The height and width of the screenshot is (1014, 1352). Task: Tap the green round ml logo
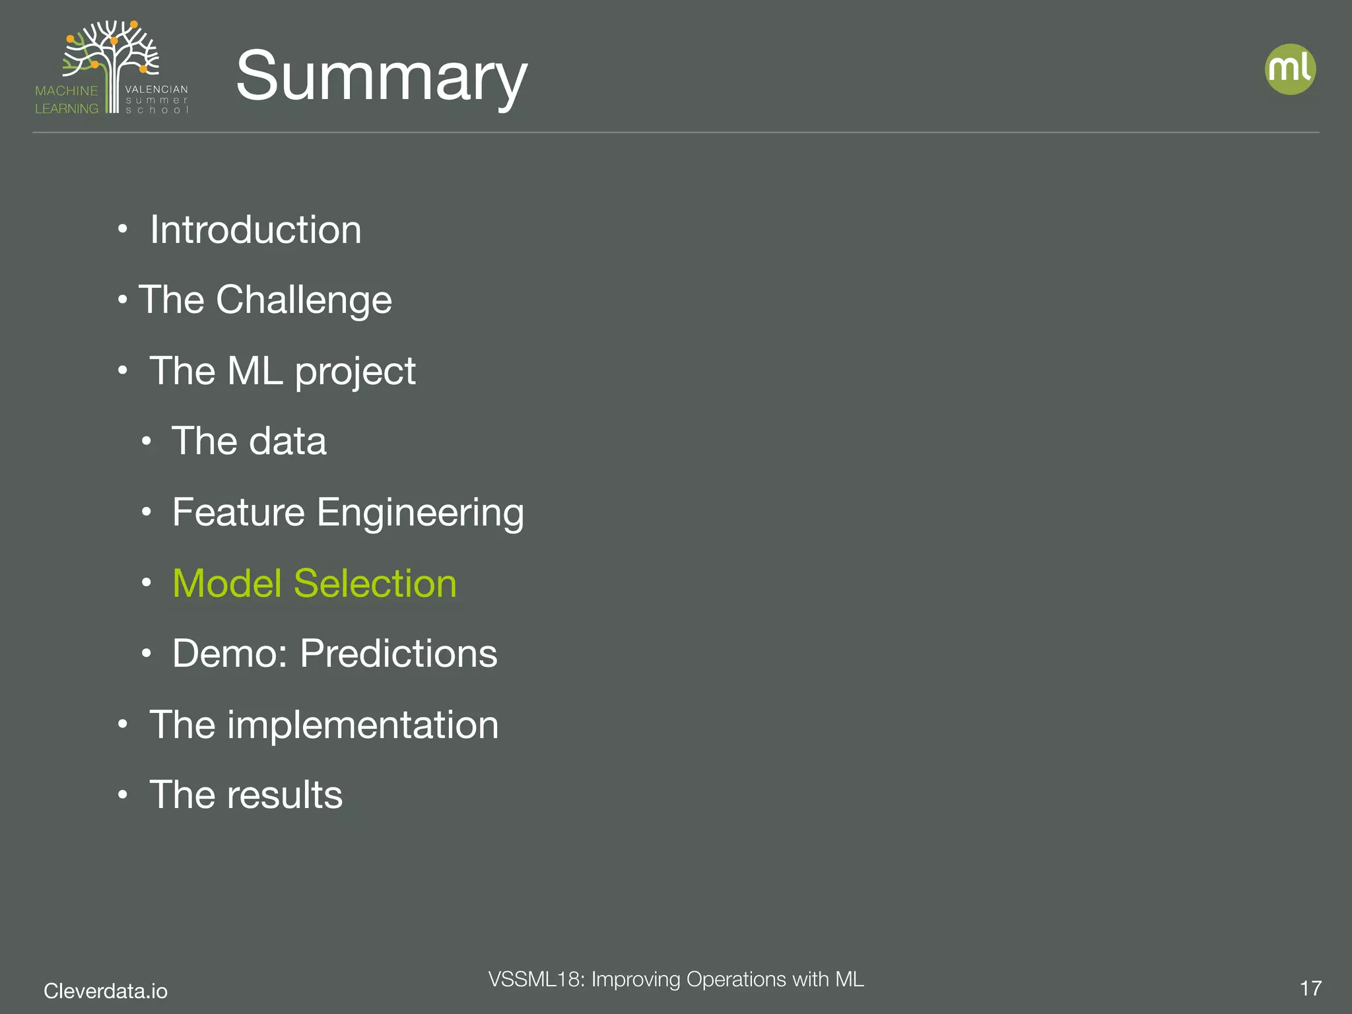1290,69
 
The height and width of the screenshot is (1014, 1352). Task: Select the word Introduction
255,230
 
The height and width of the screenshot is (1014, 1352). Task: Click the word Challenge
304,300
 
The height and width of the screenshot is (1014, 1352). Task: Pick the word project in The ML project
355,372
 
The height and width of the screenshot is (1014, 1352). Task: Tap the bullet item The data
249,441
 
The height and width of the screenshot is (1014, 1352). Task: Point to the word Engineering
421,514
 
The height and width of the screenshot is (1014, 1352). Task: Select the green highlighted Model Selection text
314,584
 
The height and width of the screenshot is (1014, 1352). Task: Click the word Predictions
399,654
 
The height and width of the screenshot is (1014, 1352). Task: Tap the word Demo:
230,654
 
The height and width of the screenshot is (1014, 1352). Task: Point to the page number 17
1310,988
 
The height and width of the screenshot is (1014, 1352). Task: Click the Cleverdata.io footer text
106,991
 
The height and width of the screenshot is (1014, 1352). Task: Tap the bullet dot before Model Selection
147,583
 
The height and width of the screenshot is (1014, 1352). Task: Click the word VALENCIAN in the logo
156,89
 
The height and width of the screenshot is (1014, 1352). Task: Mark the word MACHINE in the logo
66,91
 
